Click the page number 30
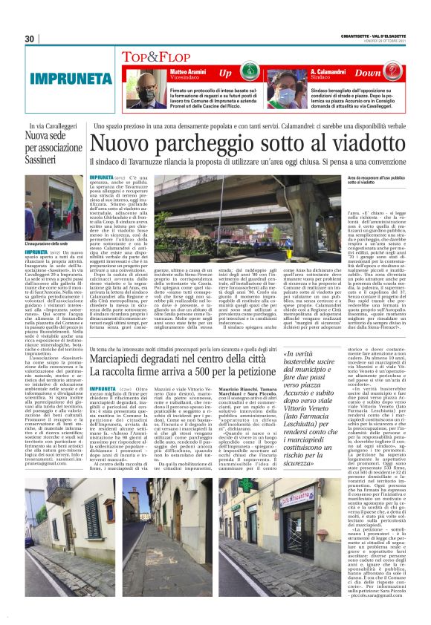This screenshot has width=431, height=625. click(x=30, y=39)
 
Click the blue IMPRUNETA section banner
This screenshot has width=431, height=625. click(x=68, y=76)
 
